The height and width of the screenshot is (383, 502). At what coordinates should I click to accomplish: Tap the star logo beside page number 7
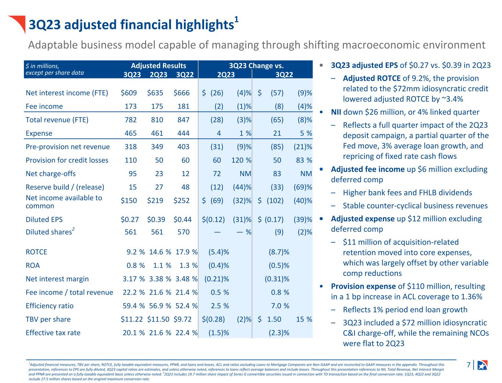tap(482, 365)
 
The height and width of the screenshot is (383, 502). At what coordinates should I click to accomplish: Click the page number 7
tap(469, 365)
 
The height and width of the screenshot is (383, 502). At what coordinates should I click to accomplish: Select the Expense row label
tap(39, 133)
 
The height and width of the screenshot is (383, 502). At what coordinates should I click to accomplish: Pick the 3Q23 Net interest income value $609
tap(129, 93)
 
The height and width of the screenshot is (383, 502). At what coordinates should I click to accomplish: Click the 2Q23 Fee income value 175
tap(157, 106)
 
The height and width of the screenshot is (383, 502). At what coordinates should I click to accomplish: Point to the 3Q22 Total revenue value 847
tap(183, 120)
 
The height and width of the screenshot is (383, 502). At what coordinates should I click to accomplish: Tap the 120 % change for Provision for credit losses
tap(241, 160)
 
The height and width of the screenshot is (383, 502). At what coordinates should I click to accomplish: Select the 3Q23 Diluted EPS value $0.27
tap(129, 219)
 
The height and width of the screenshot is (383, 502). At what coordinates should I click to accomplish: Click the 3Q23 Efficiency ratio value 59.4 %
tap(133, 306)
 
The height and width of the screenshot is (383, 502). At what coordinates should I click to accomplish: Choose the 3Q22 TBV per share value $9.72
tap(182, 319)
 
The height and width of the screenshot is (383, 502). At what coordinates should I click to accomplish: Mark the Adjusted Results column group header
tap(159, 66)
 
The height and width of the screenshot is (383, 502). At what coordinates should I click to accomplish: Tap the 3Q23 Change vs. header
tap(256, 66)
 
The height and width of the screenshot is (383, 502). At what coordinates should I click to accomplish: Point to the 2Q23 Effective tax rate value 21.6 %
tap(160, 333)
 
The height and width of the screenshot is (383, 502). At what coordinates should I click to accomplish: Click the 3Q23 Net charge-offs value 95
tap(133, 173)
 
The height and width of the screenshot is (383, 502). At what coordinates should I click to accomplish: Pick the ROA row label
tap(33, 266)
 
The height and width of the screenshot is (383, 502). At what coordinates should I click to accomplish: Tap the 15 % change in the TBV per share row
tap(304, 319)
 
